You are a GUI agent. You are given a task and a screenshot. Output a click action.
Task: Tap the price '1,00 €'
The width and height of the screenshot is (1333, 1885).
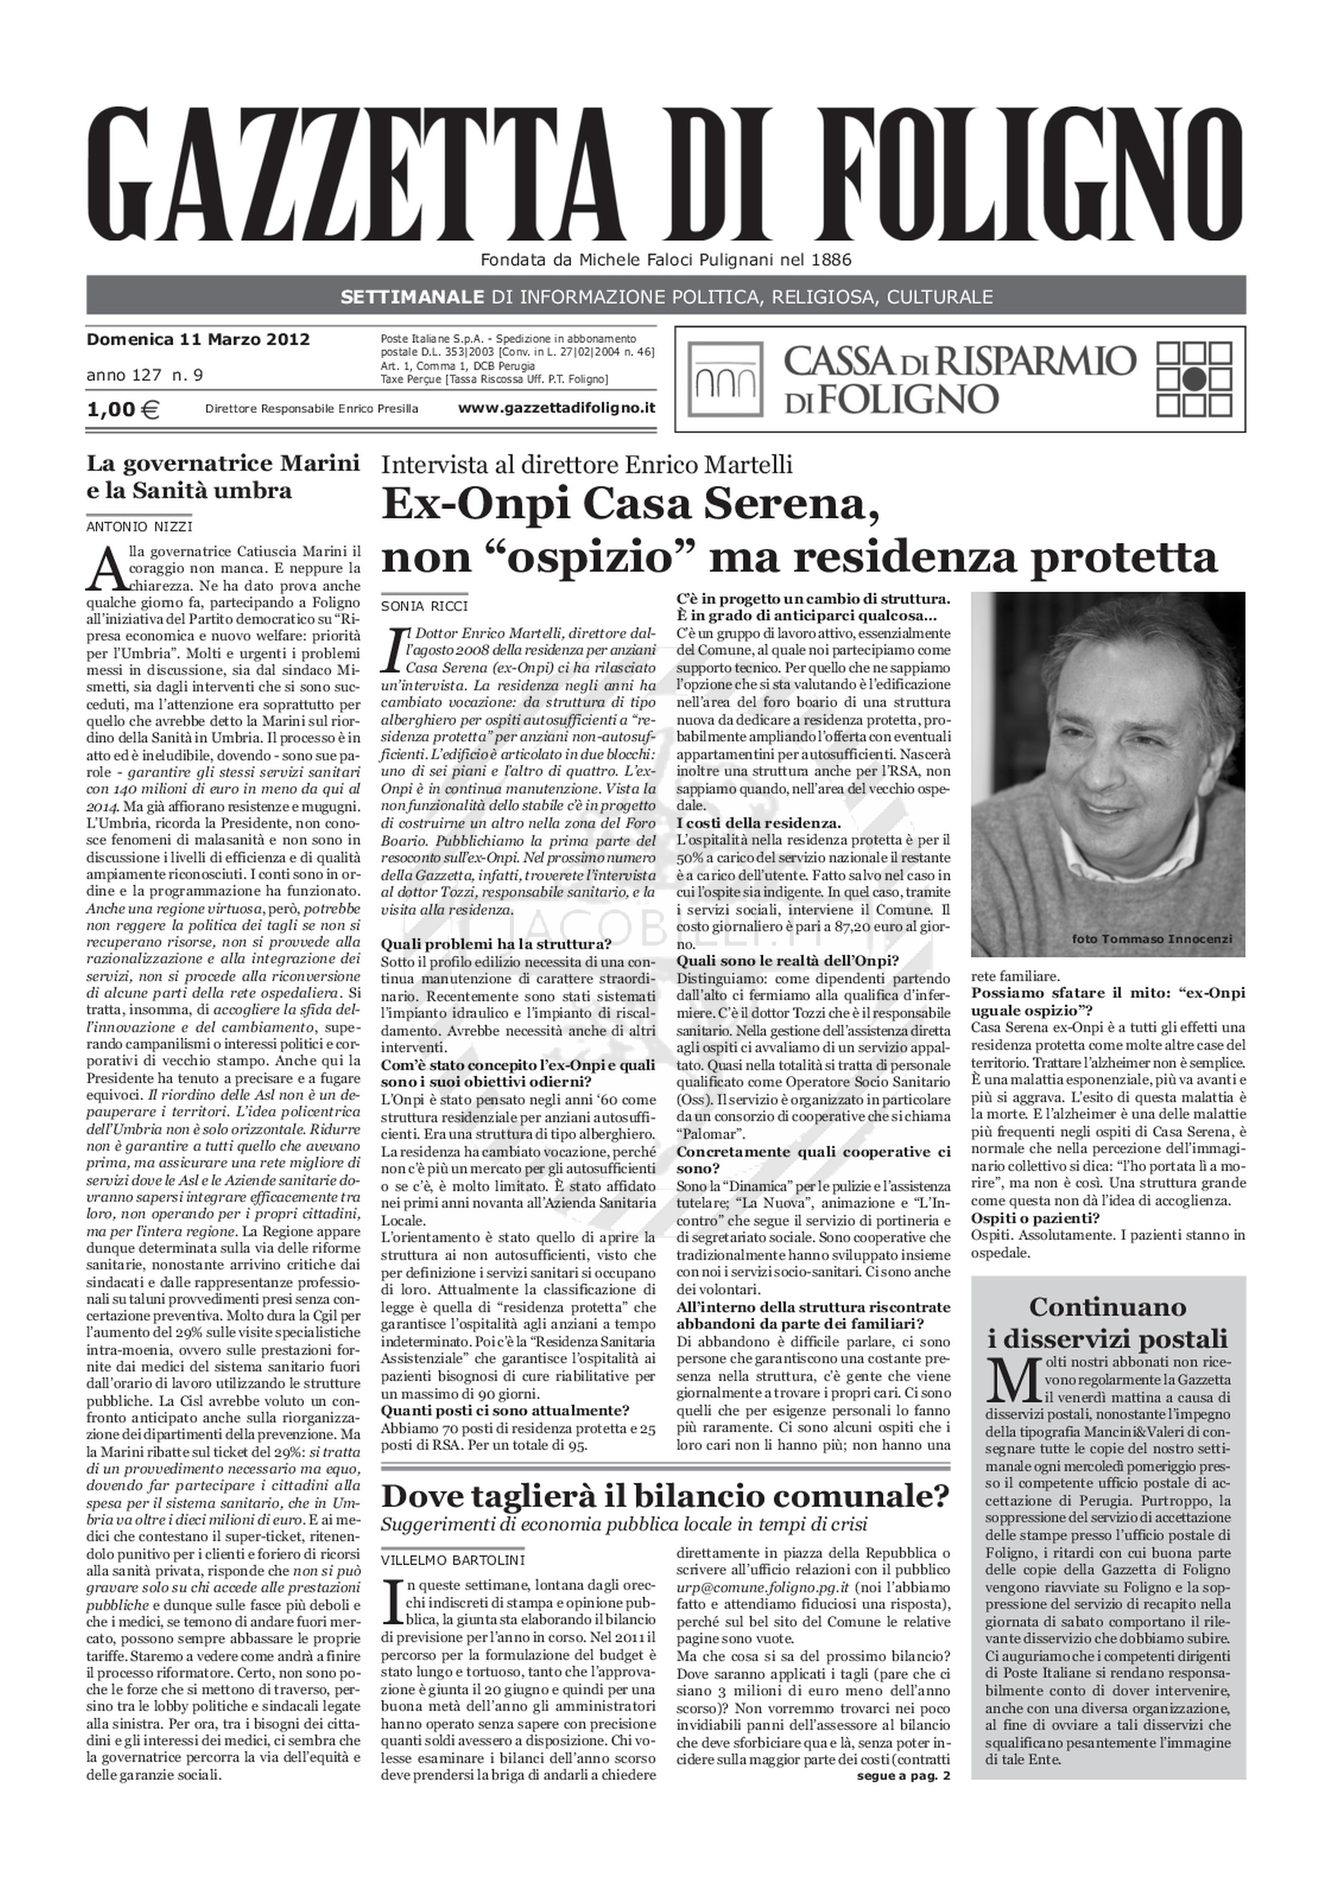pos(123,409)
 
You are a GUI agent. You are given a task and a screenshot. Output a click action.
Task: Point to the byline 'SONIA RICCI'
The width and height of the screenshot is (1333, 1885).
pos(424,606)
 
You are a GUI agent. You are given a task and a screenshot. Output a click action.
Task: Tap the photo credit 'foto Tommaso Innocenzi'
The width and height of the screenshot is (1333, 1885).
pos(1152,939)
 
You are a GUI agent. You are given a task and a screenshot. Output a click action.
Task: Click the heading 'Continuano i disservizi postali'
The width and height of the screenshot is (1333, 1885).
pos(1108,1322)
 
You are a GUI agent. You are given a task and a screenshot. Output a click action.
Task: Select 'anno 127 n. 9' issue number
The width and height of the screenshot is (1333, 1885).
pos(144,375)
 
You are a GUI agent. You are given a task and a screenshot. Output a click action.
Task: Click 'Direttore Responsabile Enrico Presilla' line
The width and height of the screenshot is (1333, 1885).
pos(312,409)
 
